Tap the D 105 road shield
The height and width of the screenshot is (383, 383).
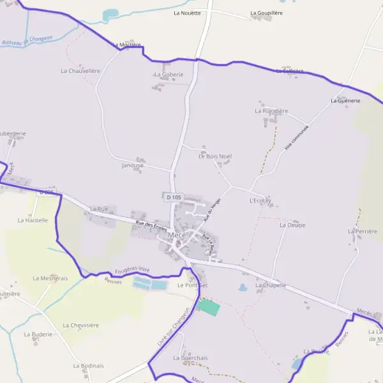click(174, 198)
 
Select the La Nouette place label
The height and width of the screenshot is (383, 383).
click(187, 13)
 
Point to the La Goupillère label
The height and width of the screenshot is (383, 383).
click(267, 13)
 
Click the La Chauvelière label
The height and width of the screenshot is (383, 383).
click(80, 71)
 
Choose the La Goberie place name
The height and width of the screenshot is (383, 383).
click(169, 75)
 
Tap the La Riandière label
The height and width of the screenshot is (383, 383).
click(271, 110)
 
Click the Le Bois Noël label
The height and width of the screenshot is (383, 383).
click(215, 156)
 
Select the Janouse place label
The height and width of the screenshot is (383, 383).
click(132, 165)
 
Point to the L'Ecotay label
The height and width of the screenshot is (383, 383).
click(260, 200)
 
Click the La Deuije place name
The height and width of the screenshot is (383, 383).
click(292, 225)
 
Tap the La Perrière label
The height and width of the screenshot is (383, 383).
click(363, 231)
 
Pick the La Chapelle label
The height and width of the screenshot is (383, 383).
click(270, 285)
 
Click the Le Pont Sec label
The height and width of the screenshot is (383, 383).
click(193, 285)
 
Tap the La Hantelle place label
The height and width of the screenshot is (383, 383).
click(33, 220)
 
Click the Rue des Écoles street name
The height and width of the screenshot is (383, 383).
click(152, 226)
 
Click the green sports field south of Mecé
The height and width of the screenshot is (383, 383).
click(209, 306)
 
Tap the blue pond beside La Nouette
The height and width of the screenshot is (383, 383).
click(110, 14)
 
